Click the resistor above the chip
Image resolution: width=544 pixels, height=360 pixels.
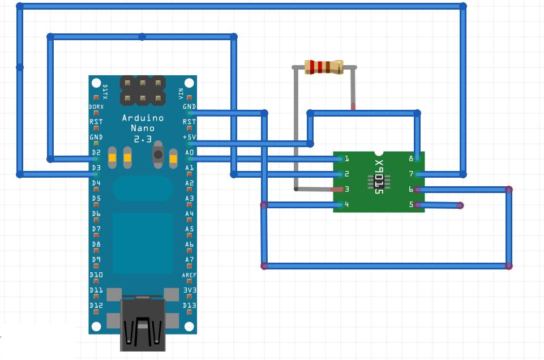coord(324,67)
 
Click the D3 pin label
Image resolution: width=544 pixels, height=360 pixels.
coord(95,168)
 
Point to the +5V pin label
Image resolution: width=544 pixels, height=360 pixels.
coord(189,137)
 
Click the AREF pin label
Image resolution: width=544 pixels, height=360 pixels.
coord(189,275)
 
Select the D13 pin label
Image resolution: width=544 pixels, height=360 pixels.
coord(190,306)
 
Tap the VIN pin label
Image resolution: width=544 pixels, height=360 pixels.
coord(181,93)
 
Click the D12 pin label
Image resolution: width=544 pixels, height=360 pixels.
coord(96,306)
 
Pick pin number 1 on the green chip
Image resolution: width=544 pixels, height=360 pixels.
coord(346,159)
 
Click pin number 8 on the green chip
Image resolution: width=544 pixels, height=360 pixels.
coord(411,159)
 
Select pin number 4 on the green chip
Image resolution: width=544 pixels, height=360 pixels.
coord(346,205)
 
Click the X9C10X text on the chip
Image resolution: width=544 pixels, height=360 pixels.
coord(379,178)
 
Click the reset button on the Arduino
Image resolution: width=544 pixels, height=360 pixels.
coord(158,154)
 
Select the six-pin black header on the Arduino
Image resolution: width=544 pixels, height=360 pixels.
coord(143,91)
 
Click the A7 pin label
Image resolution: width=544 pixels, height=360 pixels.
coord(189,260)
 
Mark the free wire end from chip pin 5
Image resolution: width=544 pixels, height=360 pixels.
coord(460,205)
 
